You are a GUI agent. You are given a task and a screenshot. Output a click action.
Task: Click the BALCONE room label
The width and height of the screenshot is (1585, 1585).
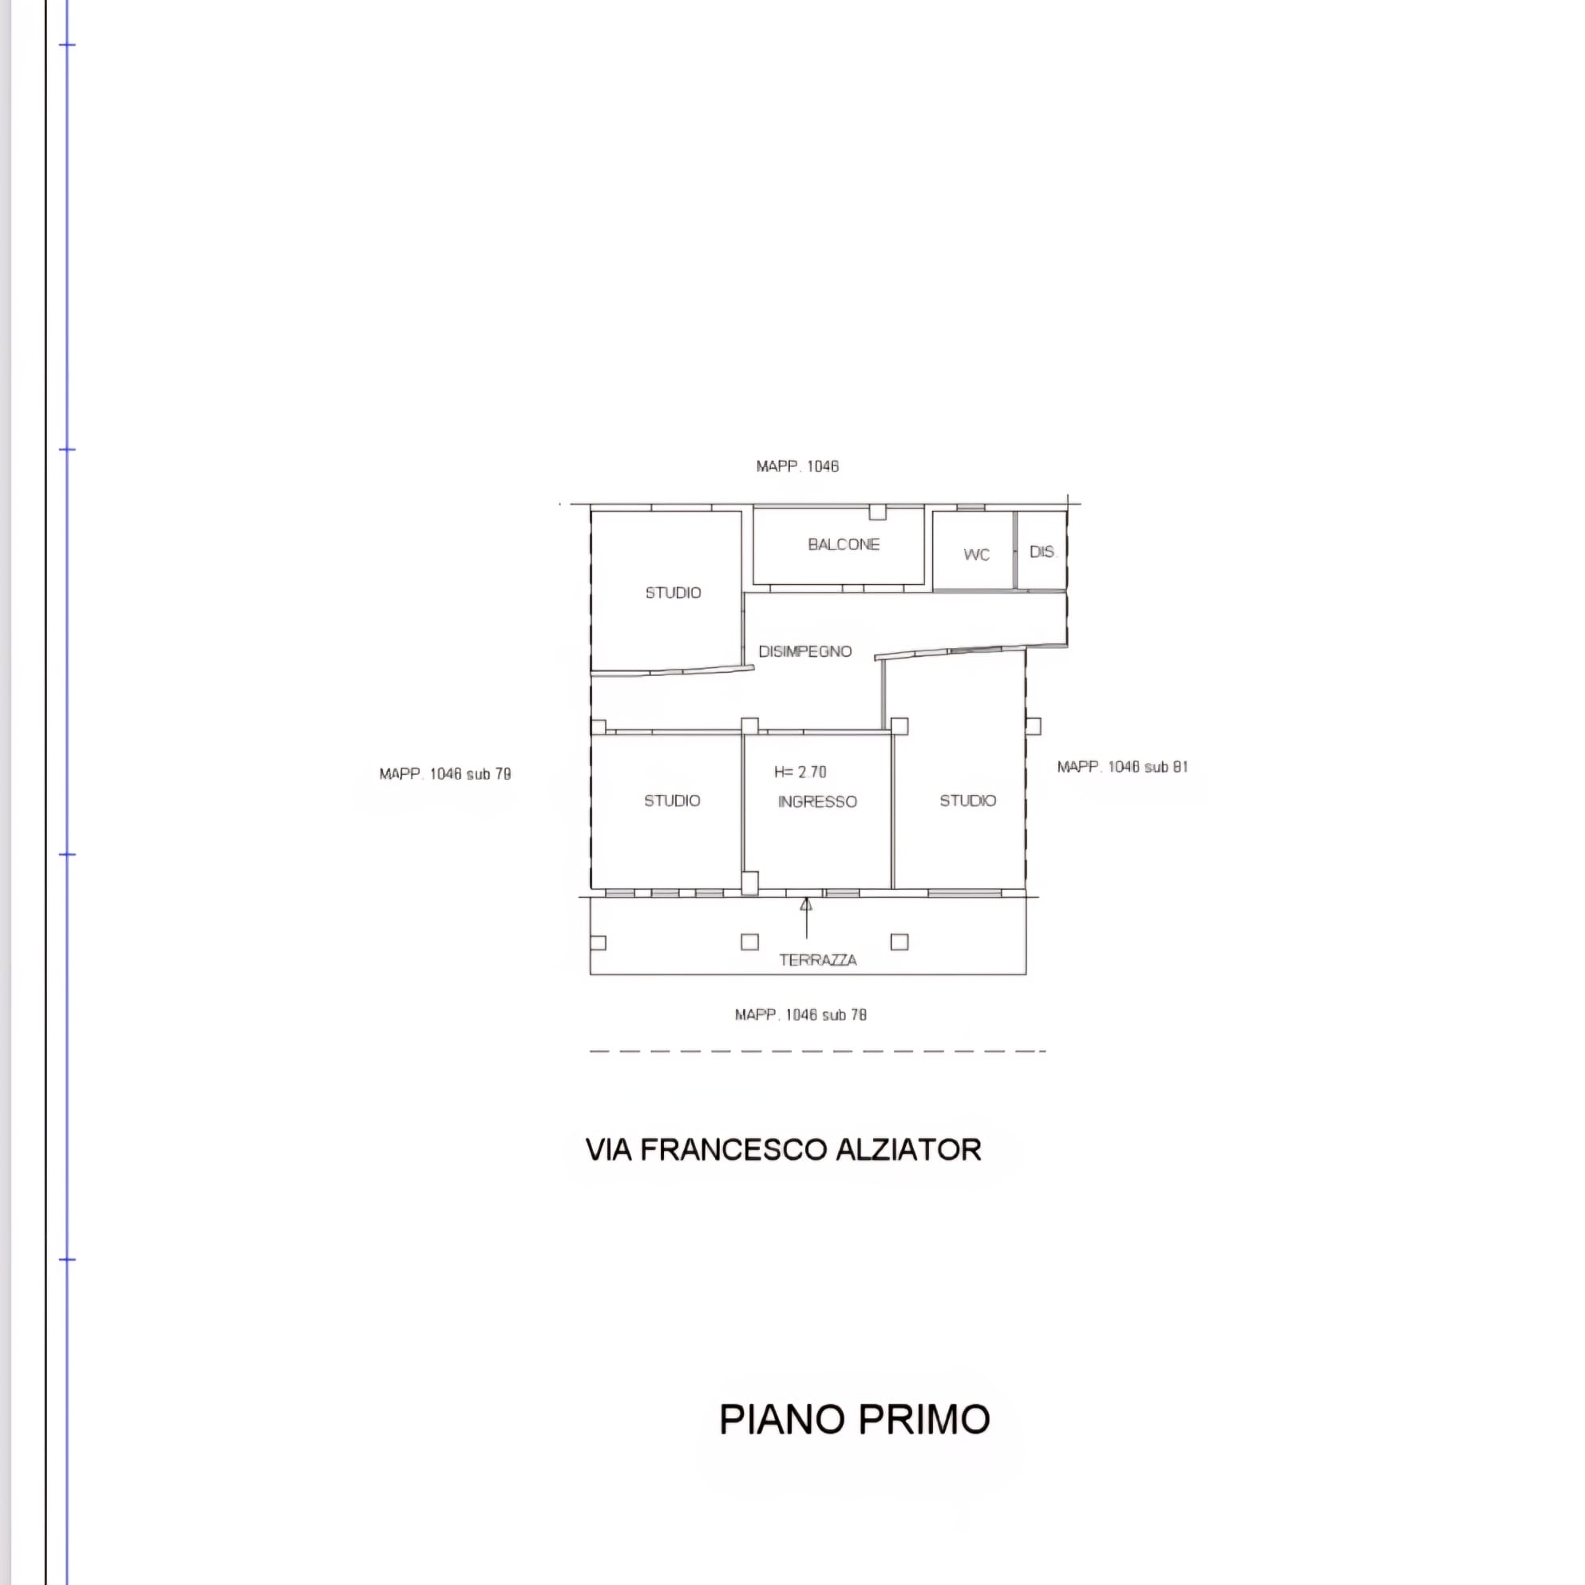(x=844, y=544)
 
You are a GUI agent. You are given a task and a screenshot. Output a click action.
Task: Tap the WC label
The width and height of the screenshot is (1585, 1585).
(x=976, y=555)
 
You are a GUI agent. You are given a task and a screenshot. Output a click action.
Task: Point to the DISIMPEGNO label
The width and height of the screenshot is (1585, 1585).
(x=804, y=651)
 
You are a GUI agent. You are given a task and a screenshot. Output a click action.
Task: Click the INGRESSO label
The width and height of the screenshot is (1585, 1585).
(x=817, y=801)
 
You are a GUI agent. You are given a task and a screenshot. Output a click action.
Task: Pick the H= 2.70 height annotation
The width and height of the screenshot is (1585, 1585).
(x=800, y=772)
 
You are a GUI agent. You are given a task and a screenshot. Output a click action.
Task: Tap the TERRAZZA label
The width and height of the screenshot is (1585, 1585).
(x=818, y=960)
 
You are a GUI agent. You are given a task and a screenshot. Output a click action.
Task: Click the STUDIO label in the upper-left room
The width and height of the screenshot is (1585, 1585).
(x=673, y=592)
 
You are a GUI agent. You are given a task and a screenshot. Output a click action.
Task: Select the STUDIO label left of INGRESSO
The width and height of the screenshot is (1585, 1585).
(x=672, y=800)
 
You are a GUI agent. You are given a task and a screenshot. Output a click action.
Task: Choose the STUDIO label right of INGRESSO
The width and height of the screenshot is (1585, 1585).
(x=968, y=800)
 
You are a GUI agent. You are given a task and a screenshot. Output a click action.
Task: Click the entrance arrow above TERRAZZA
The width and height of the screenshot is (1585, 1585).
(x=806, y=918)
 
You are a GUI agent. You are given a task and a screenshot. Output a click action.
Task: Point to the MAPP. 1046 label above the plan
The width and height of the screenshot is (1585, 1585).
(x=797, y=466)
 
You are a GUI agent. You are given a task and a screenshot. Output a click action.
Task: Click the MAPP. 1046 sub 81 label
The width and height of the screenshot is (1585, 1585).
(x=1122, y=767)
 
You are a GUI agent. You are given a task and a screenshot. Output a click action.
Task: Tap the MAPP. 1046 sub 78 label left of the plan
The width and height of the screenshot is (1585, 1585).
(x=445, y=773)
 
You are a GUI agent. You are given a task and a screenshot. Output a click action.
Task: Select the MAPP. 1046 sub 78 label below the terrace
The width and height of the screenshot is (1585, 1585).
(x=800, y=1015)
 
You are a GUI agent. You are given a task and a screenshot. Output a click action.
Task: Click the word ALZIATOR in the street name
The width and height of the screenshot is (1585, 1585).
(x=908, y=1150)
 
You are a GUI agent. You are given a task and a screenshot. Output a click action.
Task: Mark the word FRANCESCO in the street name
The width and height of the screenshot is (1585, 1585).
(x=733, y=1150)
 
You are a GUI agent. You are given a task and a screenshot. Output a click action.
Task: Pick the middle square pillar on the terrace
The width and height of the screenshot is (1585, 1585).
(x=750, y=942)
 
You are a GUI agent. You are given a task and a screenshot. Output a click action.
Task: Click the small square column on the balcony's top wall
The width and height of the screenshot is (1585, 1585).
(x=878, y=512)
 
